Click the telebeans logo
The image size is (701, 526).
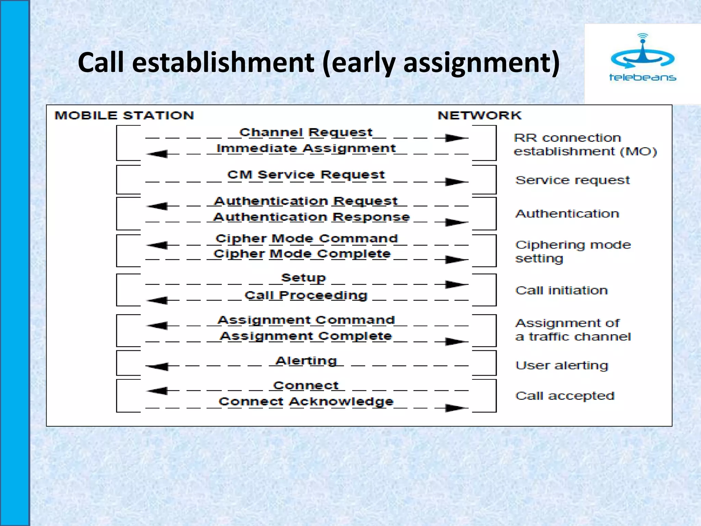tap(642, 58)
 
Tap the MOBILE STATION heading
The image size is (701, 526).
tap(124, 115)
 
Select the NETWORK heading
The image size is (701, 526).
tap(480, 115)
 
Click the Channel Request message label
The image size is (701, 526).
tap(306, 133)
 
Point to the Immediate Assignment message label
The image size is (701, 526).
tap(306, 149)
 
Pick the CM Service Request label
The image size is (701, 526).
tap(306, 175)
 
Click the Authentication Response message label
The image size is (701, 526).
tap(311, 217)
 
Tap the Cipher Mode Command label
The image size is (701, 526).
tap(307, 238)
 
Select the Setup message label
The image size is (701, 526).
tap(303, 278)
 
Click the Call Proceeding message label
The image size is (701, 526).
tap(306, 295)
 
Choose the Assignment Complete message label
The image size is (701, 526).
tap(306, 336)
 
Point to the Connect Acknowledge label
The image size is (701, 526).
tap(306, 401)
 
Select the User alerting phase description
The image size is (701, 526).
tap(562, 365)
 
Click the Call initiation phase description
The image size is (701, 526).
tap(561, 290)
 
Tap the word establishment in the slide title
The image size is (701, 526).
tap(223, 62)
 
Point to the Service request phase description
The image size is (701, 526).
tap(572, 180)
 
